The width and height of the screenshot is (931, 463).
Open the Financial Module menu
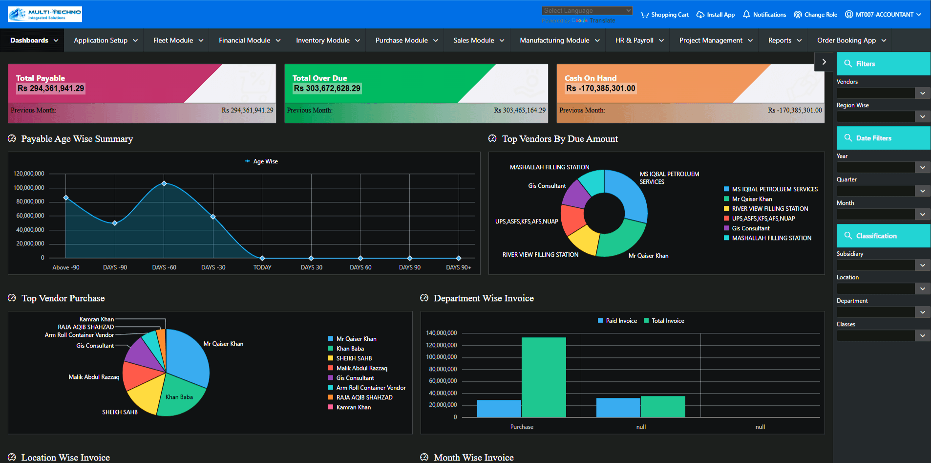[x=249, y=41]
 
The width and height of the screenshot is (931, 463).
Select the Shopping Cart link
[x=665, y=15]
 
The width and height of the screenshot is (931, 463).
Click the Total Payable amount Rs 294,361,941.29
[x=51, y=88]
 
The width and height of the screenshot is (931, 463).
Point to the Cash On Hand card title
[x=591, y=78]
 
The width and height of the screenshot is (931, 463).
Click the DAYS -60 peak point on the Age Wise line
[x=164, y=184]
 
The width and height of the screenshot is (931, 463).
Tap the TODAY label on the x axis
[x=262, y=267]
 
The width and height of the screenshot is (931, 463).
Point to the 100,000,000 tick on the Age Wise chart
[x=29, y=188]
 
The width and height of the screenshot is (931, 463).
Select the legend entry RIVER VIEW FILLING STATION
[x=769, y=209]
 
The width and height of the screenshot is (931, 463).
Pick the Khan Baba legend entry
[x=350, y=349]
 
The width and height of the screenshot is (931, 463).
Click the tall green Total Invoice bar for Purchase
[x=544, y=376]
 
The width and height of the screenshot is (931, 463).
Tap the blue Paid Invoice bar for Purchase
[x=499, y=408]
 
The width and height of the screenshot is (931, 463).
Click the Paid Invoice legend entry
[x=617, y=321]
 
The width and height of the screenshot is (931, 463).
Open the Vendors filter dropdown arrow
[x=922, y=93]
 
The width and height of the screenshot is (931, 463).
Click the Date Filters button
[x=883, y=138]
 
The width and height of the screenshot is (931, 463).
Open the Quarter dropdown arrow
[x=922, y=191]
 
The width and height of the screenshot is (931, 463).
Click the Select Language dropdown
[x=587, y=10]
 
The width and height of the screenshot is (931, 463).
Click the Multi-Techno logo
[x=45, y=14]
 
